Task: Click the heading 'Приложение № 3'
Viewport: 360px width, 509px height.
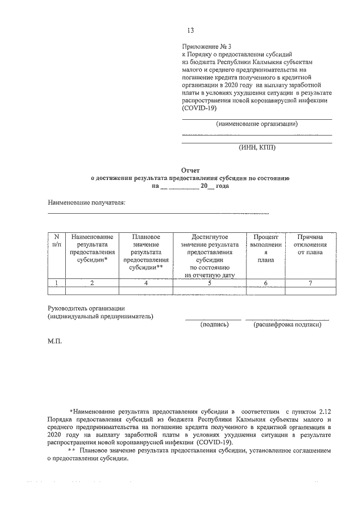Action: pyautogui.click(x=204, y=47)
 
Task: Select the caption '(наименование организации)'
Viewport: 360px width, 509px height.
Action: pyautogui.click(x=256, y=124)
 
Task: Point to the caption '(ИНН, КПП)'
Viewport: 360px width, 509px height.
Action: pyautogui.click(x=258, y=148)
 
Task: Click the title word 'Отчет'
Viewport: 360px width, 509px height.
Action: pyautogui.click(x=190, y=170)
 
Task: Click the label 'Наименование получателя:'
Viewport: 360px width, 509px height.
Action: pyautogui.click(x=86, y=201)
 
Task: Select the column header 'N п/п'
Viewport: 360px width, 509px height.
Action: pyautogui.click(x=56, y=241)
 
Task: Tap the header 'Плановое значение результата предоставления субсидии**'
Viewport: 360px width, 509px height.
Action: pyautogui.click(x=146, y=253)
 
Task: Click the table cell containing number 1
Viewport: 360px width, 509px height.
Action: pyautogui.click(x=56, y=283)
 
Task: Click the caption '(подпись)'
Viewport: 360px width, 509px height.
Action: pyautogui.click(x=214, y=325)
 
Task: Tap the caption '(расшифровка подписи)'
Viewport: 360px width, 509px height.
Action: pyautogui.click(x=287, y=325)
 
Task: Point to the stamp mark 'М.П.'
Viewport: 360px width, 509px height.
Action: pyautogui.click(x=55, y=342)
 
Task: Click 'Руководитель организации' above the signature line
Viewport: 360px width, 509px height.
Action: pyautogui.click(x=85, y=308)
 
